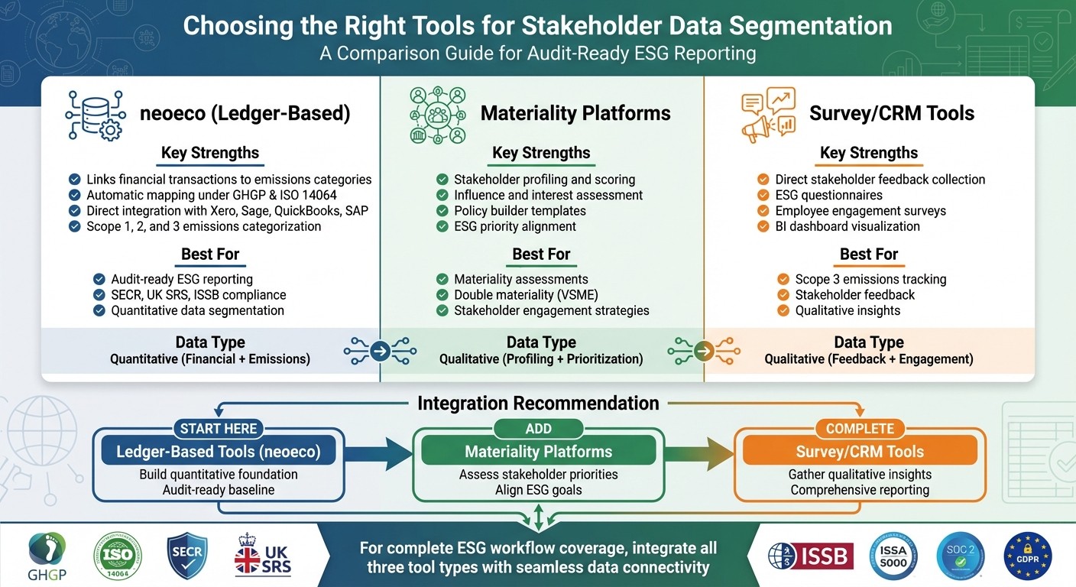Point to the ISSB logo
(811, 556)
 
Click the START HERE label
(219, 429)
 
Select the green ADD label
(538, 429)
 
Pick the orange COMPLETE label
(860, 429)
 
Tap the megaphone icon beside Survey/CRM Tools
(768, 115)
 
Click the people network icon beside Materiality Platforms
(438, 115)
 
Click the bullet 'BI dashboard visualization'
(847, 226)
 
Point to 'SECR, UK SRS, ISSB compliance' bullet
(198, 295)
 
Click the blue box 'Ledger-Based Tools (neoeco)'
(219, 452)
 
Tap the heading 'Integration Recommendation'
(538, 404)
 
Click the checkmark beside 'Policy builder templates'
(442, 211)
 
